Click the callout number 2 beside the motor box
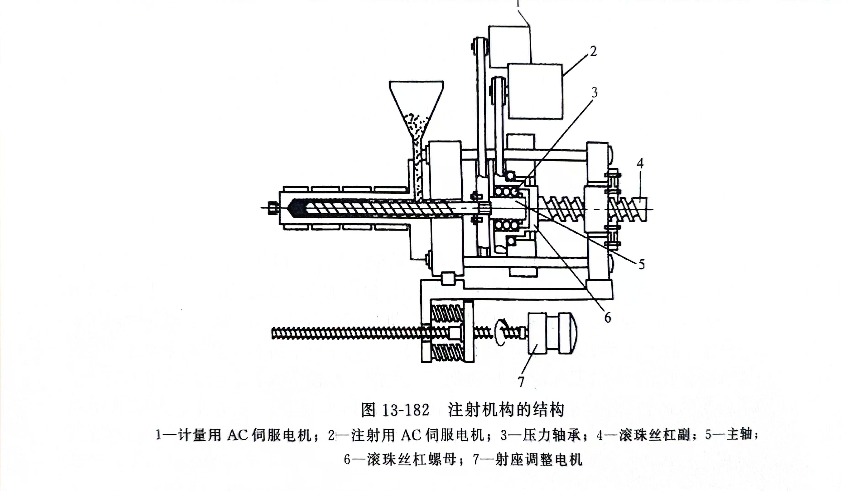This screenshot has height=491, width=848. pos(593,51)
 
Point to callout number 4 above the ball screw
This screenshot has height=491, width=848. pos(640,164)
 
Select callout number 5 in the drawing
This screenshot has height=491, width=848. pos(641,265)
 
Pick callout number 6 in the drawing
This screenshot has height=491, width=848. pos(607,317)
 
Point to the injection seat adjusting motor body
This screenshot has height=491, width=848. pos(552,333)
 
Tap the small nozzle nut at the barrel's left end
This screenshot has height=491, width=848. pos(273,208)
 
